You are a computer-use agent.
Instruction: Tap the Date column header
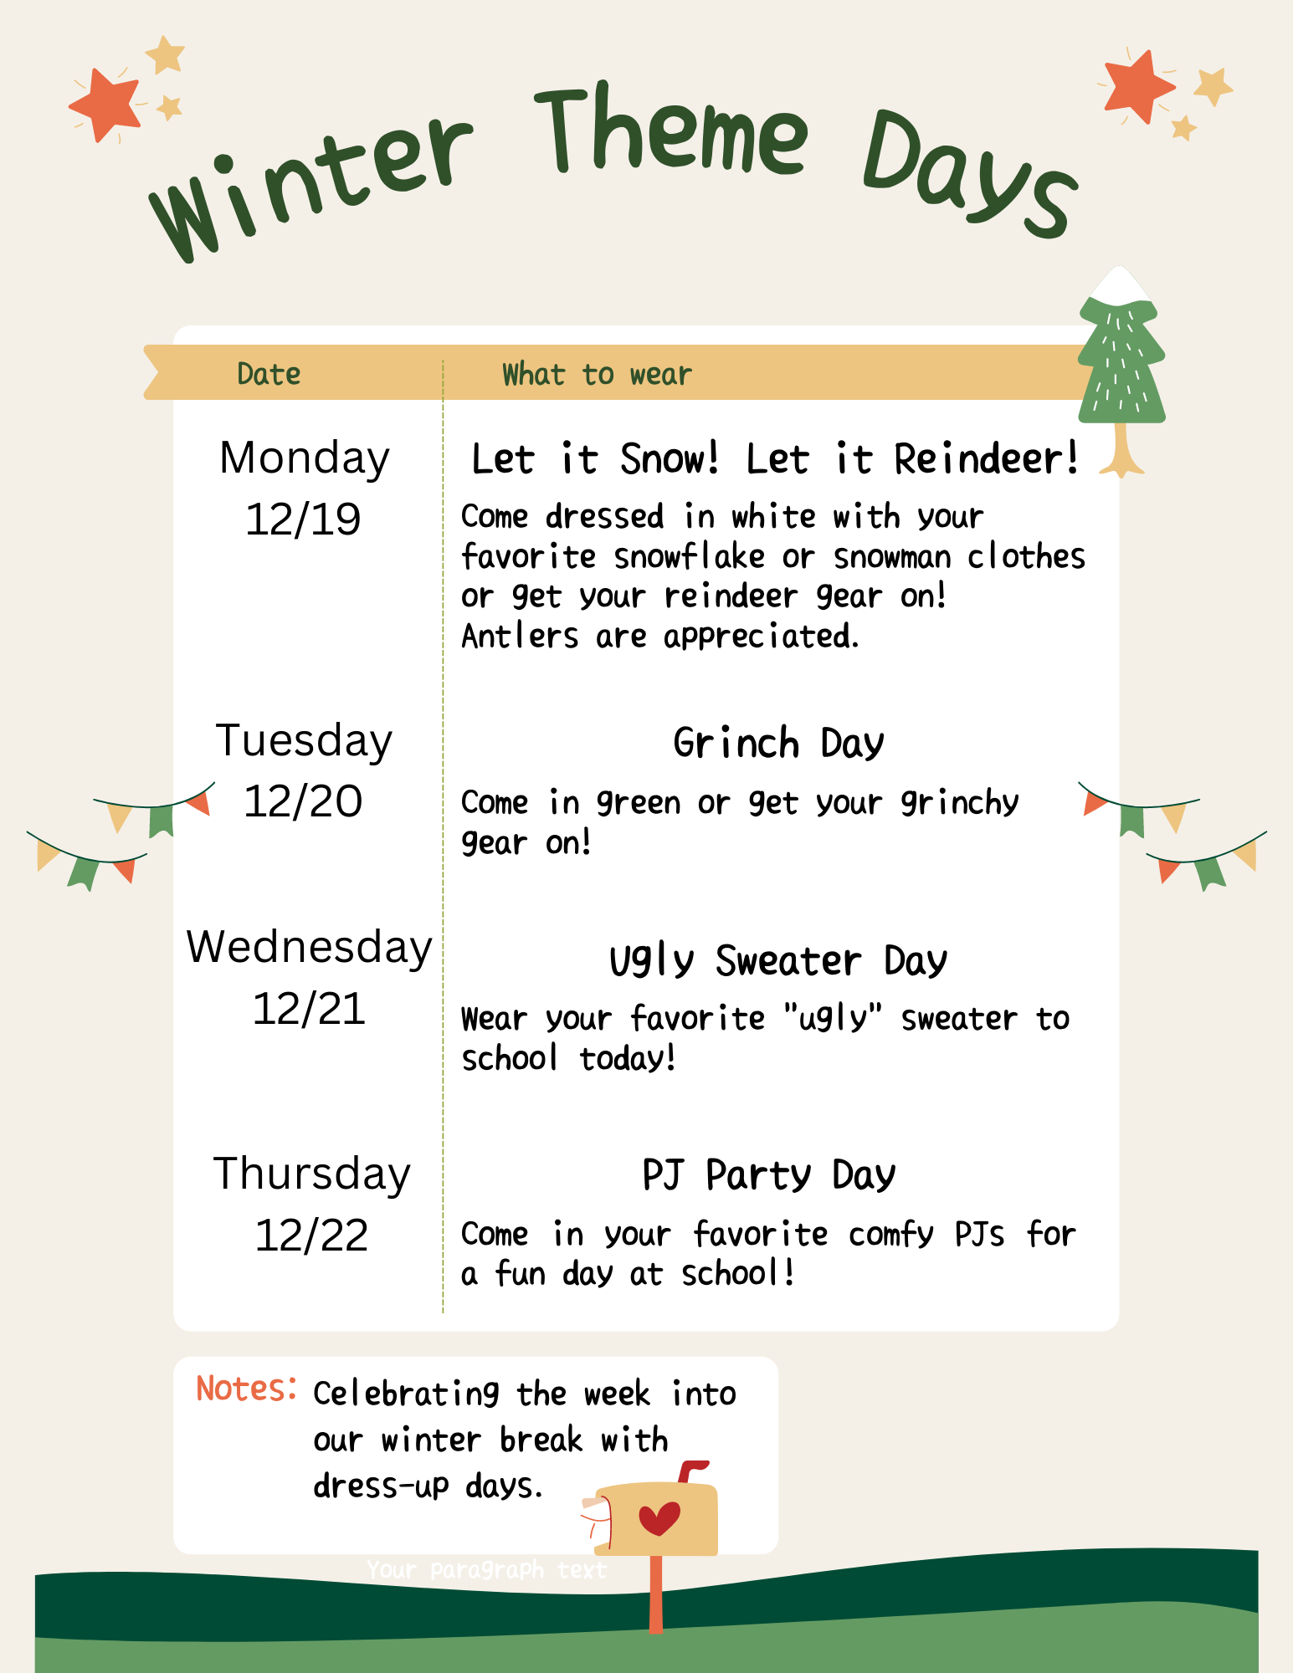pos(269,374)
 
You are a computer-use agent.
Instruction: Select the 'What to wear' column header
pos(597,374)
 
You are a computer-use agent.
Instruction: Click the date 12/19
pos(303,519)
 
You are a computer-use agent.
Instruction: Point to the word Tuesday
pos(304,741)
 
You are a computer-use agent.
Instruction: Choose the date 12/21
pos(309,1008)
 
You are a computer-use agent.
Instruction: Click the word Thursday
pos(312,1174)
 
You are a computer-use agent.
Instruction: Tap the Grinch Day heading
pos(778,743)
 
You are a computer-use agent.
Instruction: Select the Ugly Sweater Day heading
pos(778,960)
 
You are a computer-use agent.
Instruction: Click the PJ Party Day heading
pos(768,1174)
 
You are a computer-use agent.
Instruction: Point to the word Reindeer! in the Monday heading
pos(987,458)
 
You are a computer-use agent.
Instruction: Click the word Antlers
pos(520,637)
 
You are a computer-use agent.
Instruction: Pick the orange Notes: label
pos(246,1389)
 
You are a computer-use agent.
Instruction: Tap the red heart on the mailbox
pos(659,1518)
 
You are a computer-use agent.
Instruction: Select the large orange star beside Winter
pos(105,105)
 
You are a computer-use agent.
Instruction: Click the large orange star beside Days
pos(1139,86)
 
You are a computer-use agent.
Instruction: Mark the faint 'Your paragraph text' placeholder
pos(486,1570)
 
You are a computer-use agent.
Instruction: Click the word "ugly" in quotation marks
pos(834,1019)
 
